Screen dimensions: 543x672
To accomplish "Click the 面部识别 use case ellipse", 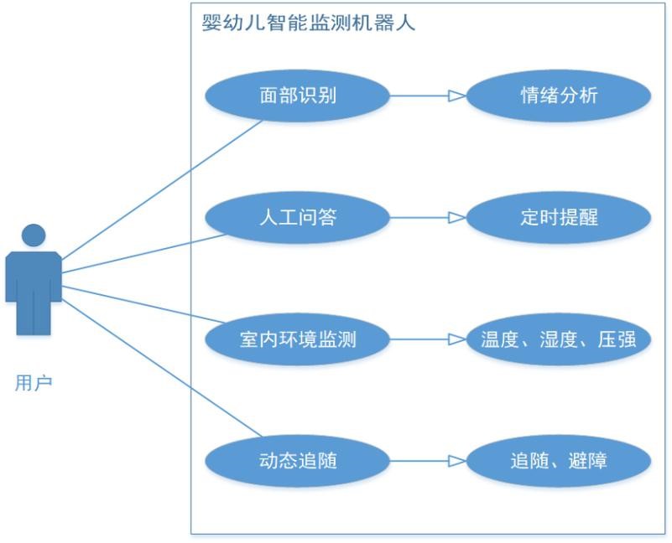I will point(298,96).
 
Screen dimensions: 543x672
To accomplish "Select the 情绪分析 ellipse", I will point(559,96).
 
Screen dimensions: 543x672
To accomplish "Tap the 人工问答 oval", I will point(298,218).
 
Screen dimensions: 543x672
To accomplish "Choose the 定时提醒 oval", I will point(559,218).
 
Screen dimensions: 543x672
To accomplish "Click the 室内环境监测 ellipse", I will point(298,339).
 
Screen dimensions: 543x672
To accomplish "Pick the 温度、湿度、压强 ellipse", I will point(559,339).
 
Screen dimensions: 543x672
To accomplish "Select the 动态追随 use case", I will point(298,461).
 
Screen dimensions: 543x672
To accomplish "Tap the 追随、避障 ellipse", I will point(559,461).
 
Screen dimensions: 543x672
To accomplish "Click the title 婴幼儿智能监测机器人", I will point(309,23).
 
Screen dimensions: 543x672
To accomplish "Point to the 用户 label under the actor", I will point(34,384).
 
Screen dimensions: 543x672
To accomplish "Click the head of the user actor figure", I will point(34,236).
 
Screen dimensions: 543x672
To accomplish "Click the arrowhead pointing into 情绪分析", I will point(456,96).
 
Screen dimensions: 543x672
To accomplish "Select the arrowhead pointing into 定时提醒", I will point(456,218).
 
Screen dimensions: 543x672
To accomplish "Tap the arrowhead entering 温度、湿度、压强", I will point(456,339).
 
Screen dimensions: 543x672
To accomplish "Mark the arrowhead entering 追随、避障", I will point(456,461).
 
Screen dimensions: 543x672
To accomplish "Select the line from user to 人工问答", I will point(143,253).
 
